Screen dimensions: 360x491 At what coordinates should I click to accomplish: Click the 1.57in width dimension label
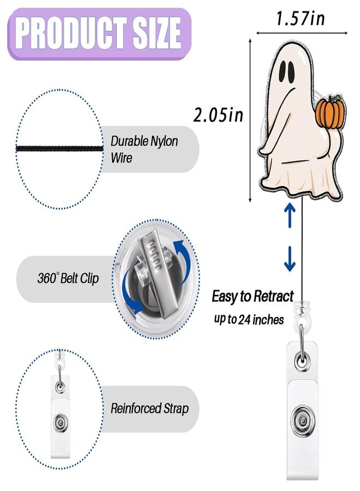click(x=300, y=18)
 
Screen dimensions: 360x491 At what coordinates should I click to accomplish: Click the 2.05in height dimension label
click(x=218, y=115)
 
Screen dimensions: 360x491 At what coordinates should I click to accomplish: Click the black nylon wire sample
click(x=59, y=148)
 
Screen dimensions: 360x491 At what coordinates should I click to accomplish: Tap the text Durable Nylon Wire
click(x=144, y=149)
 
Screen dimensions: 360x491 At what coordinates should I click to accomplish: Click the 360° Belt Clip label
click(x=68, y=278)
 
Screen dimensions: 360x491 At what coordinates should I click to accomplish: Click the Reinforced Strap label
click(x=149, y=409)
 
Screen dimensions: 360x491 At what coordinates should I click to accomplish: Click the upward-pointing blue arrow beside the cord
click(x=290, y=215)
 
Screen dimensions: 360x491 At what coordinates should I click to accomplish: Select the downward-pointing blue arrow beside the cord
click(x=290, y=259)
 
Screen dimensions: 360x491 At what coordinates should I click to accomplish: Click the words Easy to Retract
click(x=253, y=296)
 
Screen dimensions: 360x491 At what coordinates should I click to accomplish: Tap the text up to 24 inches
click(x=249, y=320)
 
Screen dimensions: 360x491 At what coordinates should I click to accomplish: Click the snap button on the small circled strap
click(x=60, y=423)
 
